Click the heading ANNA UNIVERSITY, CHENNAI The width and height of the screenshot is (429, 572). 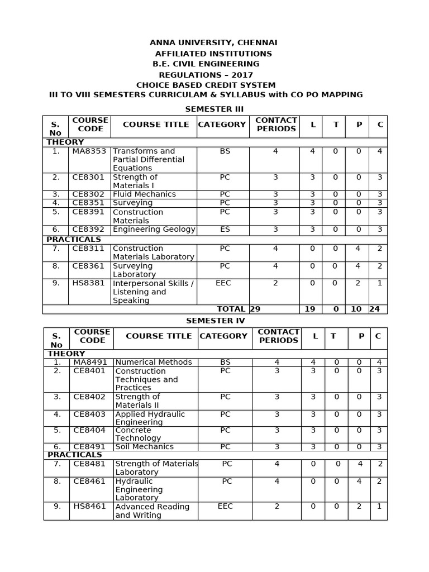point(213,43)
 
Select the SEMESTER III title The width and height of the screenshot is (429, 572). point(214,109)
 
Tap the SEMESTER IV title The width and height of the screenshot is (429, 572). point(215,321)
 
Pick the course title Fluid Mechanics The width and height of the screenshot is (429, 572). point(144,194)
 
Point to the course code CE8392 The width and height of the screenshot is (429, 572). point(88,230)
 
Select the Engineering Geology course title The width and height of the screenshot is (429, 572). point(154,230)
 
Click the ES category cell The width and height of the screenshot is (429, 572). point(225,230)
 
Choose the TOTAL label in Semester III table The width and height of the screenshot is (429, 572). point(231,309)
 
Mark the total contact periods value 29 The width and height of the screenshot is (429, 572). point(255,309)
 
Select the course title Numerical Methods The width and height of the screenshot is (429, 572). point(153,363)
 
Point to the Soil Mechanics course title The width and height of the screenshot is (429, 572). point(144,447)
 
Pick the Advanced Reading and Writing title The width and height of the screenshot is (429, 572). point(152,511)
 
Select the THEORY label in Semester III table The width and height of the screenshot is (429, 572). point(65,142)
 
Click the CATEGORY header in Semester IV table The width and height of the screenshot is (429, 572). point(223,336)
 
